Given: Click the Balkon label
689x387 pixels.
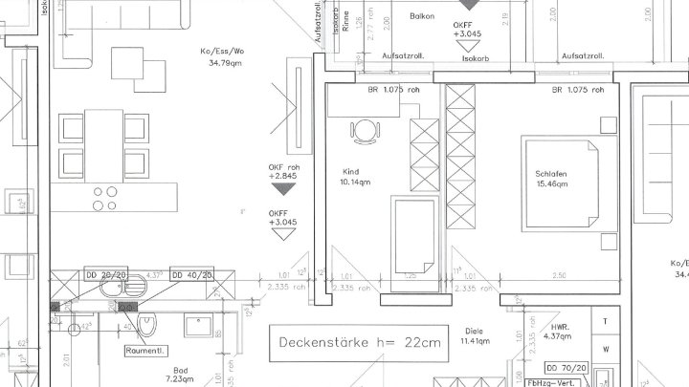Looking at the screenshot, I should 422,17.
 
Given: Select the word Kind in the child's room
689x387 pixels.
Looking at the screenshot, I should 350,172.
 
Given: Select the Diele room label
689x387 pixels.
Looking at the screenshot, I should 472,331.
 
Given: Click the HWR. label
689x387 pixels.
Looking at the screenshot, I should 558,326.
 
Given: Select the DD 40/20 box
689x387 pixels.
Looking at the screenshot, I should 191,274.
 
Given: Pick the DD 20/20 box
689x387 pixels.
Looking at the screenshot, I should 105,274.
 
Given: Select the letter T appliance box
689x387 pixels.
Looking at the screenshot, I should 606,321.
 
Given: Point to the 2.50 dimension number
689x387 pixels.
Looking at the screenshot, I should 558,276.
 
